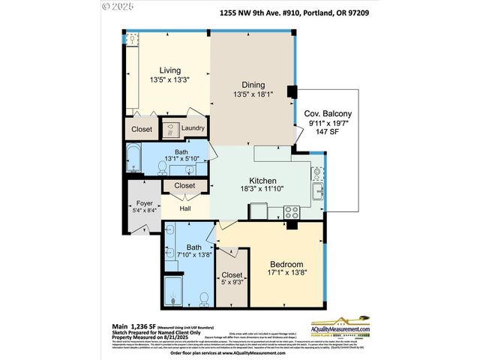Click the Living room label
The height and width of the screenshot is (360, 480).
tap(169, 70)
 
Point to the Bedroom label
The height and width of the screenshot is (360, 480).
tap(287, 264)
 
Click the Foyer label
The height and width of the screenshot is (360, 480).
tap(145, 202)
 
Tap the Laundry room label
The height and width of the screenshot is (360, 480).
tap(193, 128)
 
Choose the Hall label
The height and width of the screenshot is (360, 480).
tap(185, 209)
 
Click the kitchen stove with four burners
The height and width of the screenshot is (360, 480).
tap(290, 212)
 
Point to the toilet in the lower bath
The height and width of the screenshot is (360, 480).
tap(204, 298)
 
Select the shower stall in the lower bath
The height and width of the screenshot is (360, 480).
tap(173, 292)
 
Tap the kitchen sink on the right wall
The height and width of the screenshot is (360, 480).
tap(317, 177)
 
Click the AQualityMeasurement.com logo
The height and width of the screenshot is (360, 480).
tap(352, 328)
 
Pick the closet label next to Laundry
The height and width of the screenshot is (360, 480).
tap(142, 129)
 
